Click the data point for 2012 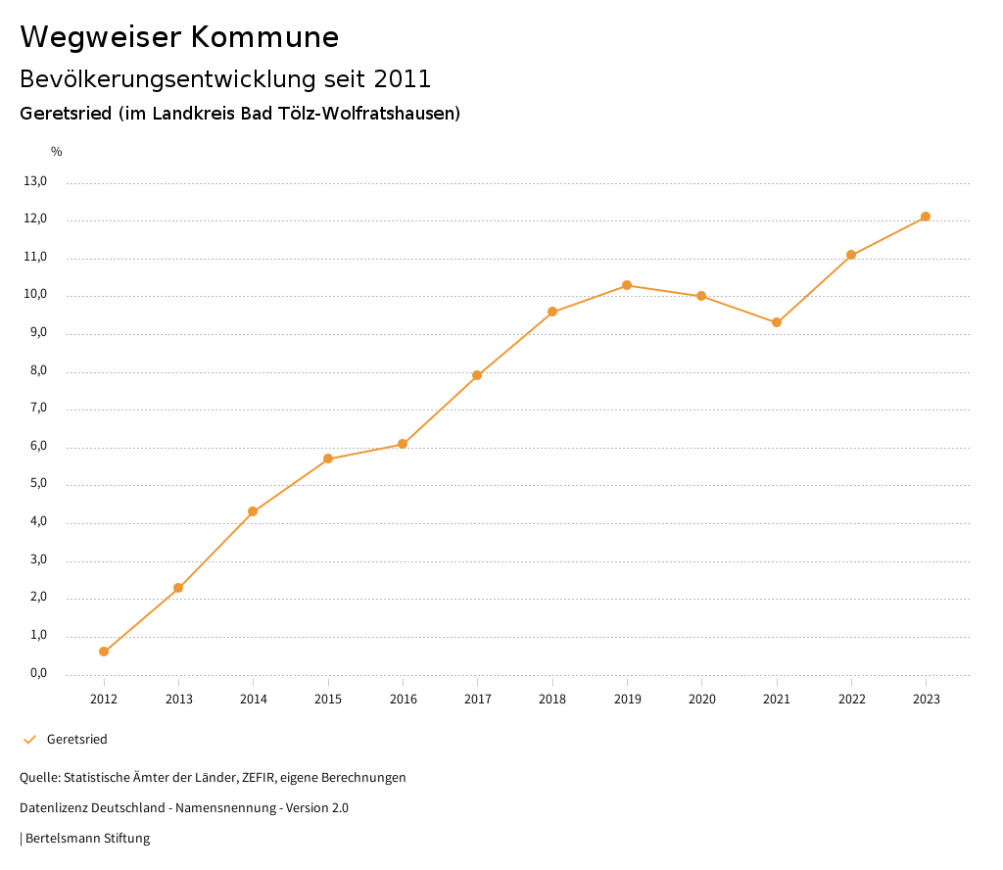pyautogui.click(x=104, y=652)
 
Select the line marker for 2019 pyautogui.click(x=627, y=285)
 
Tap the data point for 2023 pyautogui.click(x=926, y=217)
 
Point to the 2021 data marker pyautogui.click(x=777, y=322)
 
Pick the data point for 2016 pyautogui.click(x=403, y=444)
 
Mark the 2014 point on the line pyautogui.click(x=253, y=511)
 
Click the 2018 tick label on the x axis pyautogui.click(x=552, y=700)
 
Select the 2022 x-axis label pyautogui.click(x=851, y=700)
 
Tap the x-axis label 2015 pyautogui.click(x=328, y=700)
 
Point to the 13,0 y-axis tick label pyautogui.click(x=35, y=181)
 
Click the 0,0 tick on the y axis pyautogui.click(x=38, y=674)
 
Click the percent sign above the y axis pyautogui.click(x=57, y=152)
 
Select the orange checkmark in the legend pyautogui.click(x=29, y=740)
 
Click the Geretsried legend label pyautogui.click(x=77, y=740)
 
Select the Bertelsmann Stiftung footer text pyautogui.click(x=87, y=839)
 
